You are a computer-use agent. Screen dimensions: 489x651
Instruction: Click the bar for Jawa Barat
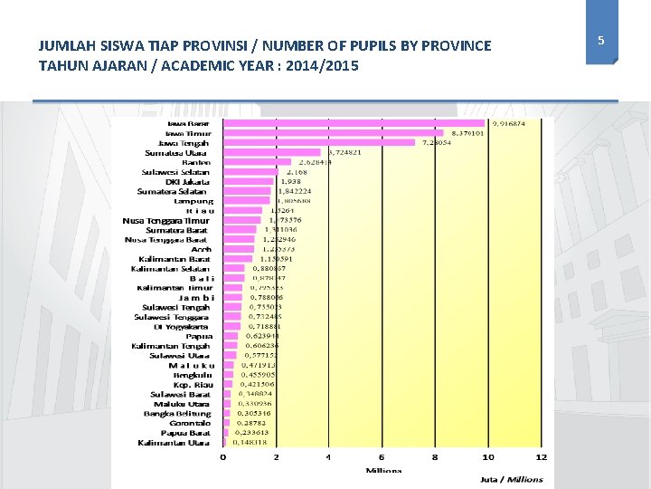click(x=353, y=123)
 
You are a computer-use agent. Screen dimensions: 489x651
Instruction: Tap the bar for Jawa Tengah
click(x=317, y=142)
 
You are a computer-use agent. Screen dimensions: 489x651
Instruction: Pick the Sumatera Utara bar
click(x=271, y=152)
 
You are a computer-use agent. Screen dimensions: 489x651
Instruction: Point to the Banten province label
click(x=195, y=162)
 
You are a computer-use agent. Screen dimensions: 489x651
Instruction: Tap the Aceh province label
click(x=201, y=249)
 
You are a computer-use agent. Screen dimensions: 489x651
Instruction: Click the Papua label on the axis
click(x=199, y=336)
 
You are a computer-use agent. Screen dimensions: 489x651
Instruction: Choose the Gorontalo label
click(x=189, y=423)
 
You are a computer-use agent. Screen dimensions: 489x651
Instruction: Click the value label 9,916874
click(x=509, y=123)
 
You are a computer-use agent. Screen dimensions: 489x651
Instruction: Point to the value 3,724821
click(x=344, y=152)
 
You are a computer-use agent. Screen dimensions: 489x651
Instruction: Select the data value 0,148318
click(x=250, y=442)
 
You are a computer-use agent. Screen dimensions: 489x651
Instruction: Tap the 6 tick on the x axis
click(x=382, y=457)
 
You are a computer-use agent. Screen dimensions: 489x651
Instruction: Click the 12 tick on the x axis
click(x=541, y=457)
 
